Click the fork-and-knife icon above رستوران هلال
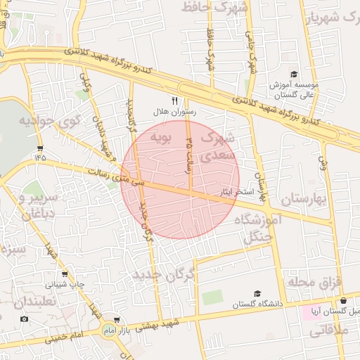pyautogui.click(x=175, y=101)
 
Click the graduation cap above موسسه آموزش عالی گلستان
pyautogui.click(x=294, y=75)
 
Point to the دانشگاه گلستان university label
pyautogui.click(x=281, y=303)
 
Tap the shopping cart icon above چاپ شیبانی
pyautogui.click(x=65, y=274)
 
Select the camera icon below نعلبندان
pyautogui.click(x=25, y=319)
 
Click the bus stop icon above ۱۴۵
pyautogui.click(x=39, y=148)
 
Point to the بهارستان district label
pyautogui.click(x=303, y=200)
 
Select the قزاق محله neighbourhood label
pyautogui.click(x=314, y=282)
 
